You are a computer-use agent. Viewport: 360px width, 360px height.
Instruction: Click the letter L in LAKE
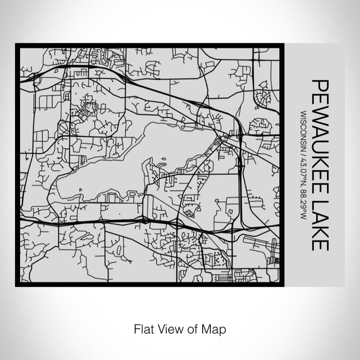coord(320,210)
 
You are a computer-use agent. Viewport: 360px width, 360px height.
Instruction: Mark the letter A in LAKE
coord(320,221)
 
